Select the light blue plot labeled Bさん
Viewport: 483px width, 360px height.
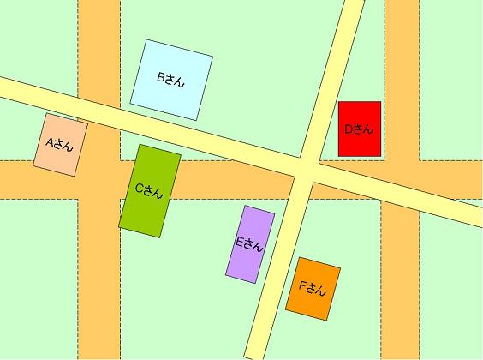coord(171,79)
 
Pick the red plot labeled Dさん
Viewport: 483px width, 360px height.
coord(359,129)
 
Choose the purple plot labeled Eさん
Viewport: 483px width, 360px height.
coord(250,243)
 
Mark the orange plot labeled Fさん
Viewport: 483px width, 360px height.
coord(313,288)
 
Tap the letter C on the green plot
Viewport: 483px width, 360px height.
coord(139,188)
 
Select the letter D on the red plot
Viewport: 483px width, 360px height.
coord(349,129)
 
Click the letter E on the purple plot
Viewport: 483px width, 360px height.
coord(240,241)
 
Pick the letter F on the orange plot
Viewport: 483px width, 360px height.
coord(302,285)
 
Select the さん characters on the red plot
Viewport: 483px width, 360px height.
coord(364,129)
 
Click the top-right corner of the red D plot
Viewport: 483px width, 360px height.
coord(380,102)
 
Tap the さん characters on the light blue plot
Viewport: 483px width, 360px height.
coord(177,80)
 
